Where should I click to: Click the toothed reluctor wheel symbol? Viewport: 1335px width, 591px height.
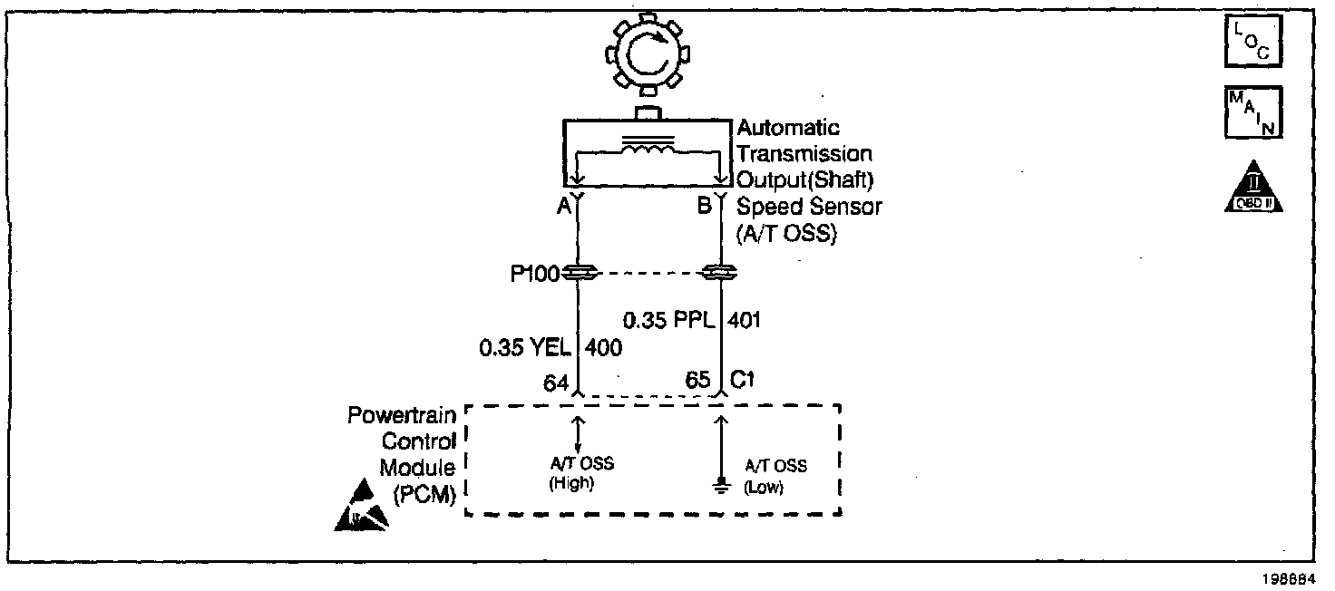(648, 56)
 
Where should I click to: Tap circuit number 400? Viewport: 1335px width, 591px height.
(603, 347)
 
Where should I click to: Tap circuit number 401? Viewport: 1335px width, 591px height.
(743, 319)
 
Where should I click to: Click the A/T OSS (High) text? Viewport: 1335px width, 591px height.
(581, 472)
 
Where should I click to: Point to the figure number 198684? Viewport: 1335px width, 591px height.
(1294, 576)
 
